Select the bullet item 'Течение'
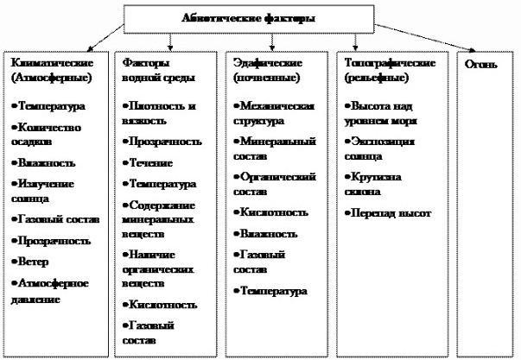[150, 162]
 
